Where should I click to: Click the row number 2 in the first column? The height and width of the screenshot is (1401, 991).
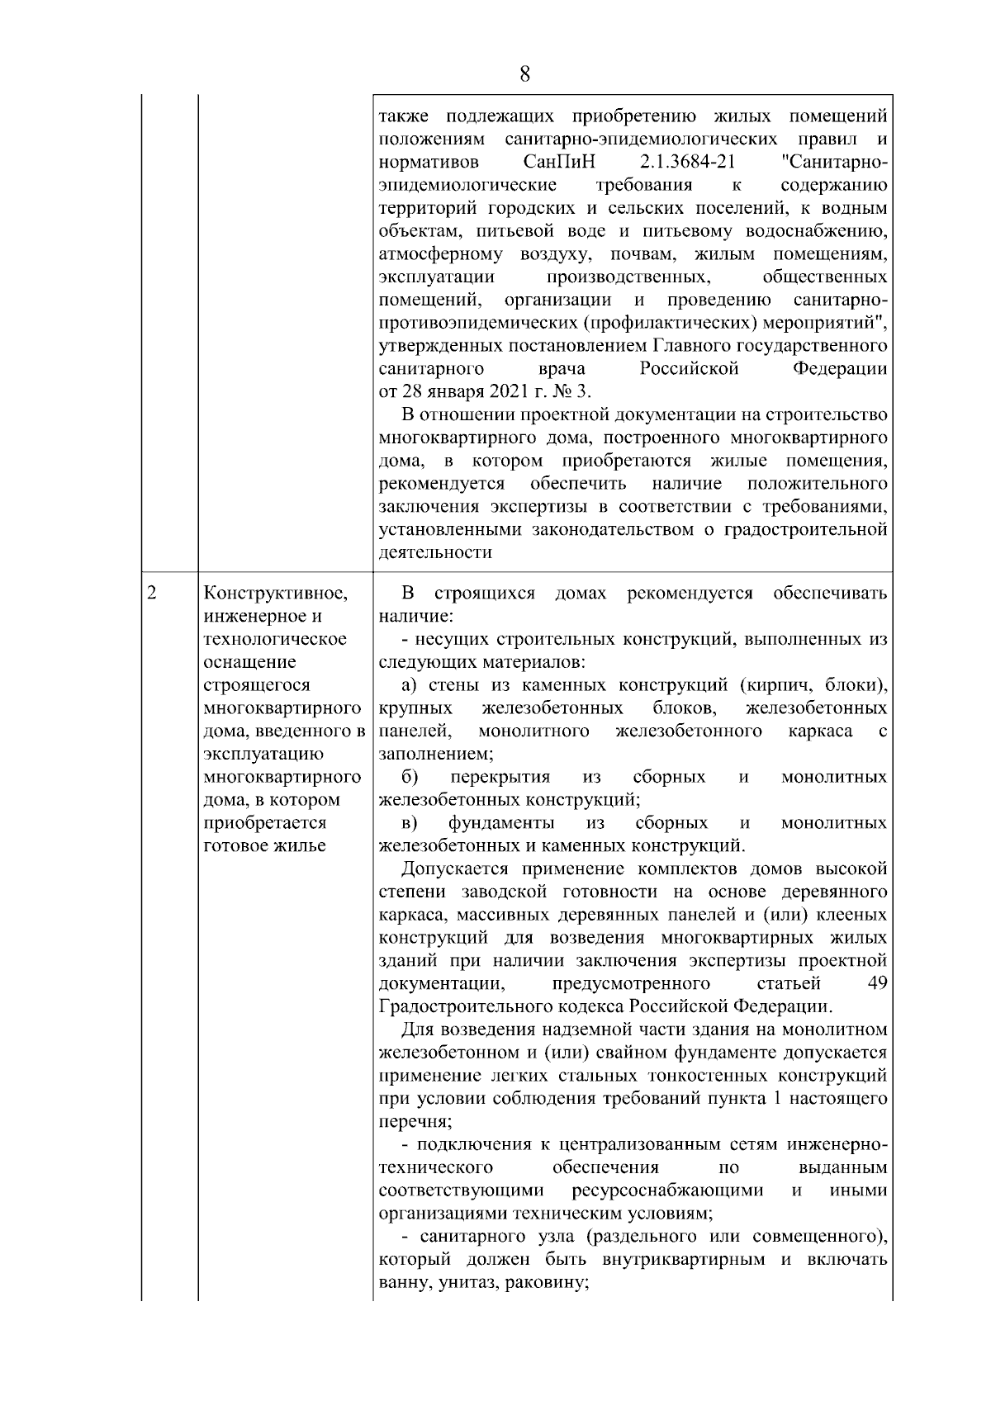[x=151, y=593]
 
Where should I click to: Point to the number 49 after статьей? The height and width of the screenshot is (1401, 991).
[x=878, y=983]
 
